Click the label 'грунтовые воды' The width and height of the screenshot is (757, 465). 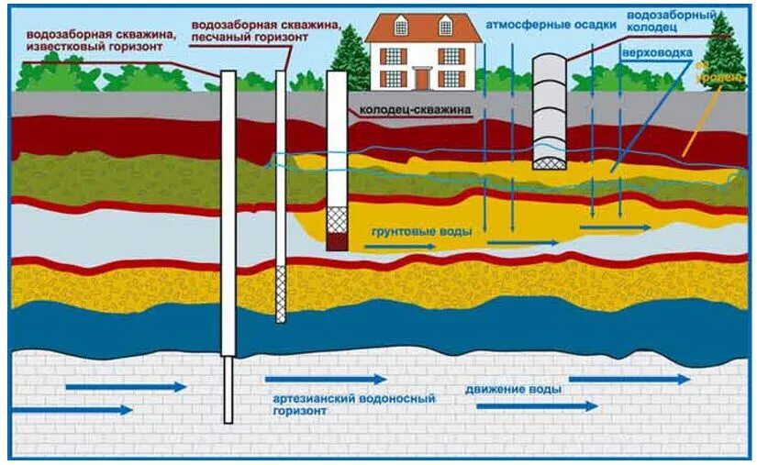(421, 232)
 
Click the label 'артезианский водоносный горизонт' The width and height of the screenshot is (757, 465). (352, 405)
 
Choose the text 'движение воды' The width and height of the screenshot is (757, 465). (513, 389)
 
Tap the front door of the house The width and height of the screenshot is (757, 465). (423, 79)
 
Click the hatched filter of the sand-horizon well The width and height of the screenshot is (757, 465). (281, 293)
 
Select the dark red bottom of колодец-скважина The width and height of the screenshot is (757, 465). (338, 240)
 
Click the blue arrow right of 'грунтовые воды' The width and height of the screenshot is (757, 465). (522, 243)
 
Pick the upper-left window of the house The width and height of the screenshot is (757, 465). (394, 55)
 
